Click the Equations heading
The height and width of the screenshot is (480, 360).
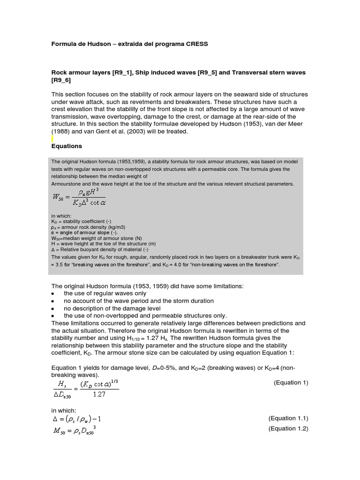click(x=67, y=146)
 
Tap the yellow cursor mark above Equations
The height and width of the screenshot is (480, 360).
click(x=52, y=139)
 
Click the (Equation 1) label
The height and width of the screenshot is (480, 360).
click(x=291, y=382)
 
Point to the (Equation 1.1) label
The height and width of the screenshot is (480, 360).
click(x=288, y=418)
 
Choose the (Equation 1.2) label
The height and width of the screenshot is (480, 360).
click(x=288, y=428)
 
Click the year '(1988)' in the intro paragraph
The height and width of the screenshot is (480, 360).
click(x=60, y=132)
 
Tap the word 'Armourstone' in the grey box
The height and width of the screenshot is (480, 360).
click(x=66, y=184)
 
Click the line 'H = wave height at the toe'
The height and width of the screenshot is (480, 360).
click(x=103, y=244)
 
